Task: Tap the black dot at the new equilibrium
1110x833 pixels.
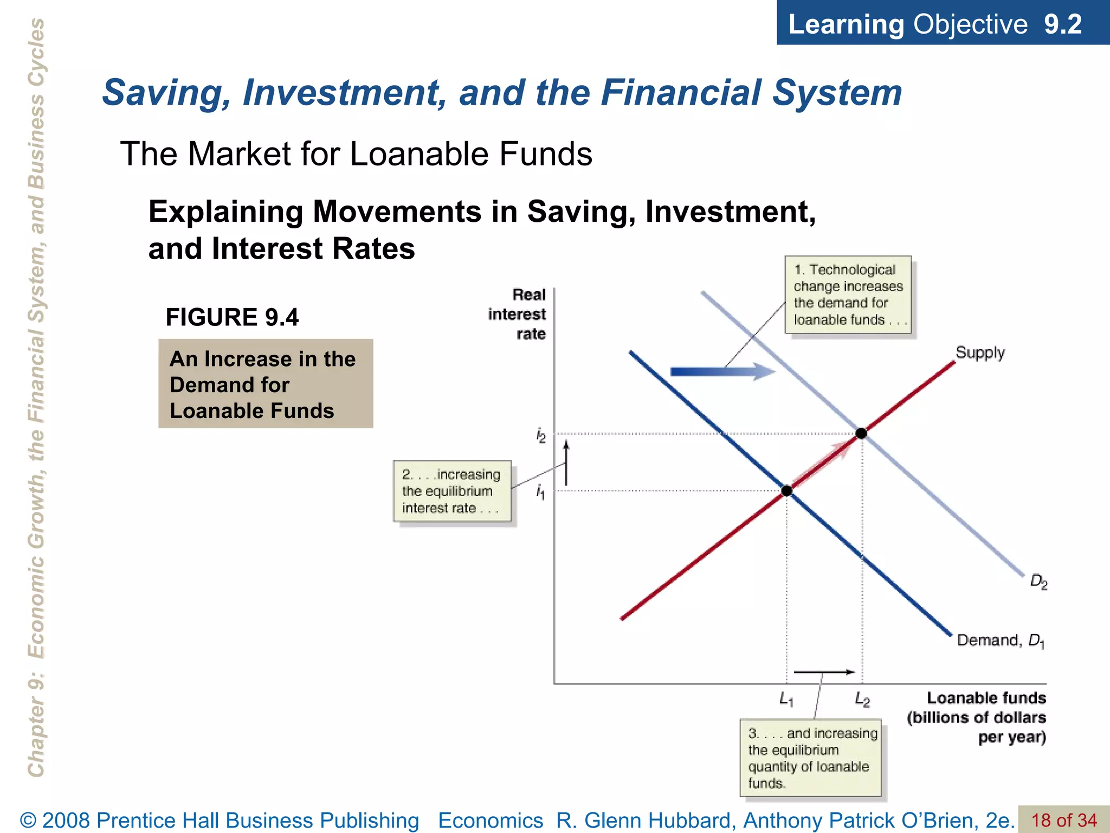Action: click(x=861, y=433)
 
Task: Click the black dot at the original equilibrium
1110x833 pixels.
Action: click(x=786, y=491)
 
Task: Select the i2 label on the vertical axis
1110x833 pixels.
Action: click(x=541, y=435)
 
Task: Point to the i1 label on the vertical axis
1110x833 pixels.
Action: click(x=540, y=492)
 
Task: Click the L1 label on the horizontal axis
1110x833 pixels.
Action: click(x=786, y=699)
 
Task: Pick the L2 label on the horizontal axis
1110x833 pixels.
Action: click(x=862, y=699)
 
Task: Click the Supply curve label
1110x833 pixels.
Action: click(x=980, y=353)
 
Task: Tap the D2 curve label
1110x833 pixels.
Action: click(x=1038, y=582)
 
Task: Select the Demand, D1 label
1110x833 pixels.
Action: click(x=1001, y=640)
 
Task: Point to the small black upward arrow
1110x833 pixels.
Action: click(x=566, y=463)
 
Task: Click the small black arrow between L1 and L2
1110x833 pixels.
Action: click(x=824, y=672)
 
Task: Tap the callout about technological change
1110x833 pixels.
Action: click(x=848, y=294)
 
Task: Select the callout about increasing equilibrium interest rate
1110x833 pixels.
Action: click(x=451, y=491)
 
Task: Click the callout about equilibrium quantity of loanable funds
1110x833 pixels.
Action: click(x=811, y=758)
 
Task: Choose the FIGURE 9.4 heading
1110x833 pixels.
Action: click(x=232, y=317)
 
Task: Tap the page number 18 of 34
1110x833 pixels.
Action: click(x=1063, y=820)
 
